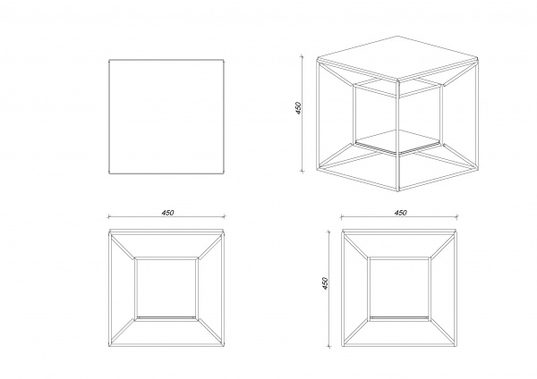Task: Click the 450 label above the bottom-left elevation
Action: click(168, 213)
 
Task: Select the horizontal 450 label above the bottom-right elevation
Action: click(400, 213)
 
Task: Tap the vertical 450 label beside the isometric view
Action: click(298, 108)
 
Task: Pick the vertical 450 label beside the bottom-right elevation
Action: click(325, 283)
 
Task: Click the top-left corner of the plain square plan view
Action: click(109, 60)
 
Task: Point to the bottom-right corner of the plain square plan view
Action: click(225, 173)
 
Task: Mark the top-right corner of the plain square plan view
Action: click(225, 60)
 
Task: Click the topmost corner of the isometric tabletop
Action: click(398, 36)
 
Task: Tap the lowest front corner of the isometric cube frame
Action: click(398, 191)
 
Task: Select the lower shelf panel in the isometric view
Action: click(398, 141)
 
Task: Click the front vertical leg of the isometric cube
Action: click(398, 136)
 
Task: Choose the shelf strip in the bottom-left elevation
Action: click(166, 318)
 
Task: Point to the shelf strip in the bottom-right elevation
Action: click(399, 318)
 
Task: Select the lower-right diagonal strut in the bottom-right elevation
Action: click(444, 333)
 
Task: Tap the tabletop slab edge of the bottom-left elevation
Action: click(166, 232)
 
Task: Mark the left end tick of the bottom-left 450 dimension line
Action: click(109, 216)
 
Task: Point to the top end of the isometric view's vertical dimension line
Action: click(302, 55)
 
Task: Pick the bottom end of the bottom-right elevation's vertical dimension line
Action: click(329, 346)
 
